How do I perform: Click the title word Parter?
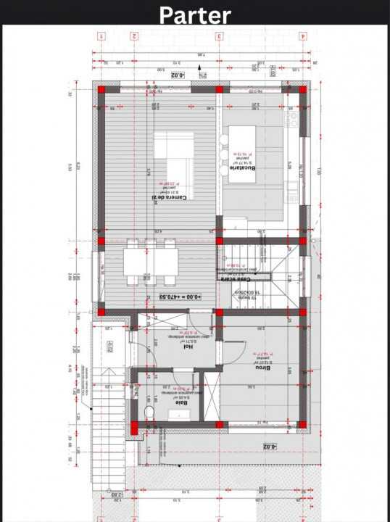coord(195,14)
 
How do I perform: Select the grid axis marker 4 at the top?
coord(302,36)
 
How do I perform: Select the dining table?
coord(150,261)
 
